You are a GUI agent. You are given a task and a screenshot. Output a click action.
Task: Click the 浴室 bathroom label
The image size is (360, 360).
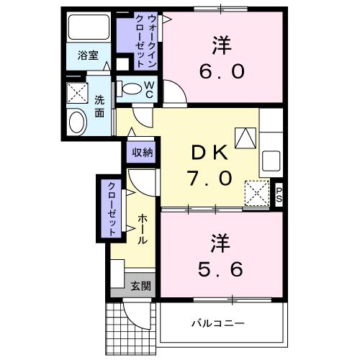[x=89, y=55]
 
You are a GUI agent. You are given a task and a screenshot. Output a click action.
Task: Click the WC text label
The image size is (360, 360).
[x=148, y=88]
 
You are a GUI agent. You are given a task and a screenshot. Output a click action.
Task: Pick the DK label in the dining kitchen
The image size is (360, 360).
[x=209, y=153]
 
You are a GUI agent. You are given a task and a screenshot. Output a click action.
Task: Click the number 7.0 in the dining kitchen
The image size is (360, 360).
[x=210, y=177]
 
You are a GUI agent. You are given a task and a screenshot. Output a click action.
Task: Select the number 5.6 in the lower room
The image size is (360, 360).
[x=221, y=267]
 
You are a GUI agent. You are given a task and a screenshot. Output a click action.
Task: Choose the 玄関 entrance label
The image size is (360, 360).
[x=140, y=285]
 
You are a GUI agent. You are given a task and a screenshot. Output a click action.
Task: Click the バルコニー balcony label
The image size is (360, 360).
[x=217, y=323]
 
